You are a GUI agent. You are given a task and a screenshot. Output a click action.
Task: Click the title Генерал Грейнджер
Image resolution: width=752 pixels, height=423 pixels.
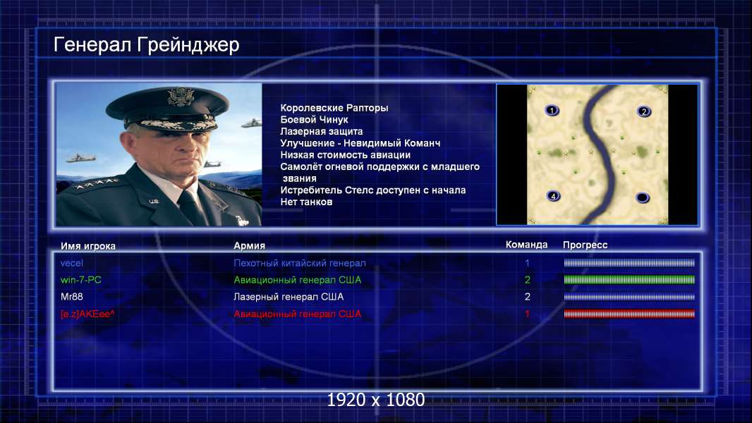tap(146, 46)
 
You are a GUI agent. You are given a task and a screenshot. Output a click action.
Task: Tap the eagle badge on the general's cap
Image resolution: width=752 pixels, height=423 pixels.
tap(181, 97)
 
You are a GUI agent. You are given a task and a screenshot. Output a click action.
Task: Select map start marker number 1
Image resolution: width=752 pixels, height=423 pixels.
tap(552, 111)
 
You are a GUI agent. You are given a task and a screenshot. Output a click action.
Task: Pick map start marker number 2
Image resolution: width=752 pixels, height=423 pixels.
tap(644, 111)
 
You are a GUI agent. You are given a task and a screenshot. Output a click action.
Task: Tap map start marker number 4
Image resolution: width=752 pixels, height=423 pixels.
tap(554, 196)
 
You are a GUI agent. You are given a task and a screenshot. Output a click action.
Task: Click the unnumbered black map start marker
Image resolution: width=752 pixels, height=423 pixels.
tap(642, 197)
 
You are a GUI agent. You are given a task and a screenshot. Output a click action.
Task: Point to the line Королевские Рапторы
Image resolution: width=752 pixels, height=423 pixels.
tap(334, 109)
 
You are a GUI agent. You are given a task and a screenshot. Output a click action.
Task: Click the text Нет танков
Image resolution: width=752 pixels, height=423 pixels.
tap(306, 202)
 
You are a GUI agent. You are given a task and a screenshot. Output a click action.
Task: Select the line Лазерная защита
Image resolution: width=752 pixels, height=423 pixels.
tap(321, 131)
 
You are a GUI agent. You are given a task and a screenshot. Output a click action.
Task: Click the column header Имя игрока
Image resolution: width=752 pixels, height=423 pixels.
tap(87, 246)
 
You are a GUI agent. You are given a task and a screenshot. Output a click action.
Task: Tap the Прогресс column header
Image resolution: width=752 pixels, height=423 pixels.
tap(585, 245)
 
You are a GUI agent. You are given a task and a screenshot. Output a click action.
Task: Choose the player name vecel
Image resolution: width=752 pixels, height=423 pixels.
tap(71, 263)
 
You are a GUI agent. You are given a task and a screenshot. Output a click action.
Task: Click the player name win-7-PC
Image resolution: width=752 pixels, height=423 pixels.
tap(80, 280)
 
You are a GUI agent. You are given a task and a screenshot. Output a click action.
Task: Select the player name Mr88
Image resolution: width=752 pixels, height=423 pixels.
tap(71, 297)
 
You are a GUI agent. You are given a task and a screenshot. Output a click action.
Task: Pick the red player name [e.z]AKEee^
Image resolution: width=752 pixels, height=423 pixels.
tap(87, 314)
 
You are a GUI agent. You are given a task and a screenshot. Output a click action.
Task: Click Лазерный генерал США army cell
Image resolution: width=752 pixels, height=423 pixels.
tap(289, 297)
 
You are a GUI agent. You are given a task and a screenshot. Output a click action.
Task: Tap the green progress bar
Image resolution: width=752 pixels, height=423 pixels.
tap(629, 280)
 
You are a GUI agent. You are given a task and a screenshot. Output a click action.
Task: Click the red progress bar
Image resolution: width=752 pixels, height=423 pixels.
tap(629, 314)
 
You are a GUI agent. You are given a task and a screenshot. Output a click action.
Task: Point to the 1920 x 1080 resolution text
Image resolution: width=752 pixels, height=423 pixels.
tap(376, 400)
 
